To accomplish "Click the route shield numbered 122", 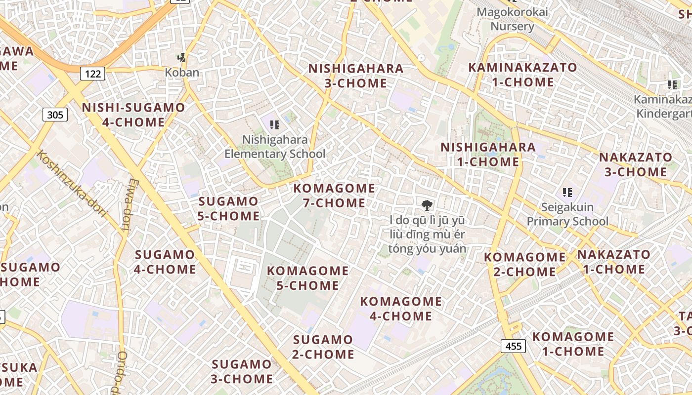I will [x=92, y=74].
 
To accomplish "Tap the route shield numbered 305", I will [x=55, y=115].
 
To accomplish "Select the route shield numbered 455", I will [x=513, y=346].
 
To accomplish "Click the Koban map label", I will [x=182, y=73].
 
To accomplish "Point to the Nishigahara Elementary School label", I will [x=275, y=147].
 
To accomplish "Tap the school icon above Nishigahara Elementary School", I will [x=275, y=125].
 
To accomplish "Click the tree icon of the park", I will [x=426, y=205].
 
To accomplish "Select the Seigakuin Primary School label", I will [x=567, y=214].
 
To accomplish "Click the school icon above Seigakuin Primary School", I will [x=567, y=192].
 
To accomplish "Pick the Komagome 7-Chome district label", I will [x=334, y=196].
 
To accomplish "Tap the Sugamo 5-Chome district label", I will [x=228, y=208].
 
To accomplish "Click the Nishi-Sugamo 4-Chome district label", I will [x=133, y=115].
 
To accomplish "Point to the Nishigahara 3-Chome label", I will [x=356, y=76].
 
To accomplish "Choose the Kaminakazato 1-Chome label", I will [x=522, y=75].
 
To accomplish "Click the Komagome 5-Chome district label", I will [x=308, y=278].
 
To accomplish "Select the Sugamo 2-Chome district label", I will [x=323, y=347].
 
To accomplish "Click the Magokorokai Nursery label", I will [x=513, y=19].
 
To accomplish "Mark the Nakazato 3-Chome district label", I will [x=636, y=164].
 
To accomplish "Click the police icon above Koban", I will [x=182, y=57].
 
